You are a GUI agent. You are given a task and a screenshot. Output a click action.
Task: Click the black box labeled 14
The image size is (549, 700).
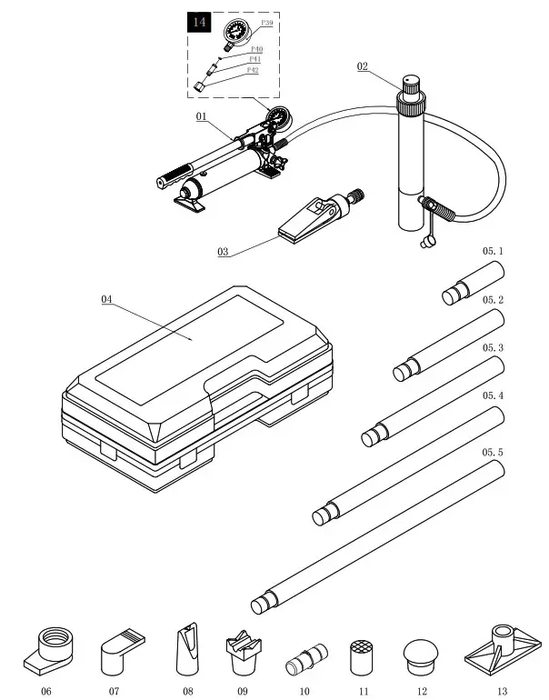[x=198, y=23]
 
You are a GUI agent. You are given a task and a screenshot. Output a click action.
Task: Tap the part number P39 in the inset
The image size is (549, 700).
[x=266, y=22]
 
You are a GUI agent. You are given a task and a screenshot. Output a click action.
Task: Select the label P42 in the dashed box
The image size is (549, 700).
[x=253, y=69]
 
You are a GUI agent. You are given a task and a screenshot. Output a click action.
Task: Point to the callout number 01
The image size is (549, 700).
[x=202, y=117]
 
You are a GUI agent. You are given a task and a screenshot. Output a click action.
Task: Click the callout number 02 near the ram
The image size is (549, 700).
[x=363, y=66]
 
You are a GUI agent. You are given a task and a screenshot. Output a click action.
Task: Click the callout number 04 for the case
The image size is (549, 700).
[x=107, y=298]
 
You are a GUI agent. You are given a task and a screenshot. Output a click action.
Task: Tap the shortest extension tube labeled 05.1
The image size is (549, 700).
[x=473, y=281]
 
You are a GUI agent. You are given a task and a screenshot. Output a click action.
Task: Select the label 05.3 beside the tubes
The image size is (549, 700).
[x=493, y=347]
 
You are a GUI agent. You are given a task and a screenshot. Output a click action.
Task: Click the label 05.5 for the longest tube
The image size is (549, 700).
[x=493, y=452]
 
